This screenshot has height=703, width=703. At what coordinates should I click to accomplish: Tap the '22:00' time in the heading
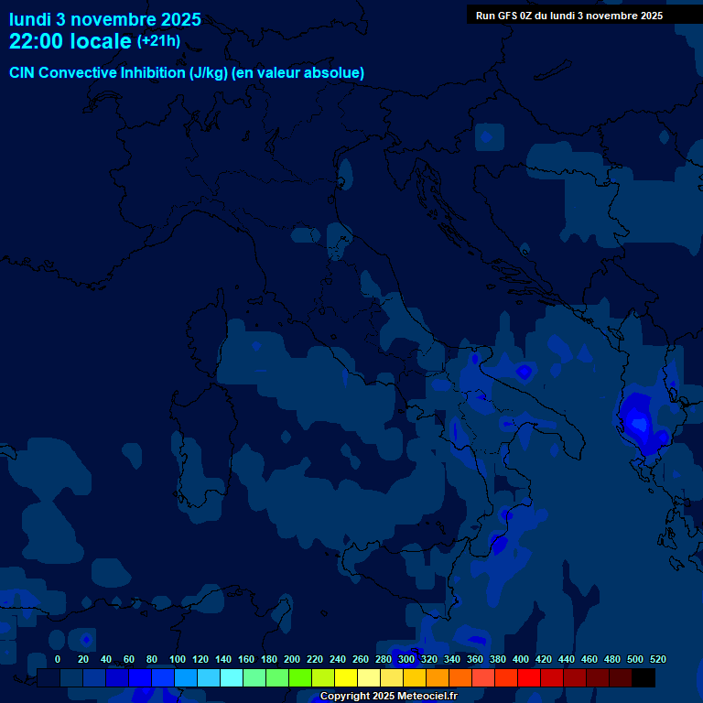36,41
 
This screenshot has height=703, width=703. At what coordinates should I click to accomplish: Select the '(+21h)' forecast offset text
158,41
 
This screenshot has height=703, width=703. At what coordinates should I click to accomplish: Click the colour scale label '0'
58,660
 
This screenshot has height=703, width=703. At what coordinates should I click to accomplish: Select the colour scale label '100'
178,660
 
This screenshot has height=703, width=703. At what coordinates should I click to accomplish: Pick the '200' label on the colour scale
292,660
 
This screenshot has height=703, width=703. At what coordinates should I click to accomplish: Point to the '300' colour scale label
406,660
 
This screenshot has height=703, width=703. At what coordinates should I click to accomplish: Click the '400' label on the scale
521,660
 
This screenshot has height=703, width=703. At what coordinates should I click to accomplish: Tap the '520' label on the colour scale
657,660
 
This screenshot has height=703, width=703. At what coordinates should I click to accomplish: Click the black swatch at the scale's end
644,677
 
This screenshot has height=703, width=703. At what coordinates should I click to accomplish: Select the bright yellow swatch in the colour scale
346,677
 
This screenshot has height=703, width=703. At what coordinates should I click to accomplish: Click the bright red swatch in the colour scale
529,677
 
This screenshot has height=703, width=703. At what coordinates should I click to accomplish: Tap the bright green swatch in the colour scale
300,677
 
